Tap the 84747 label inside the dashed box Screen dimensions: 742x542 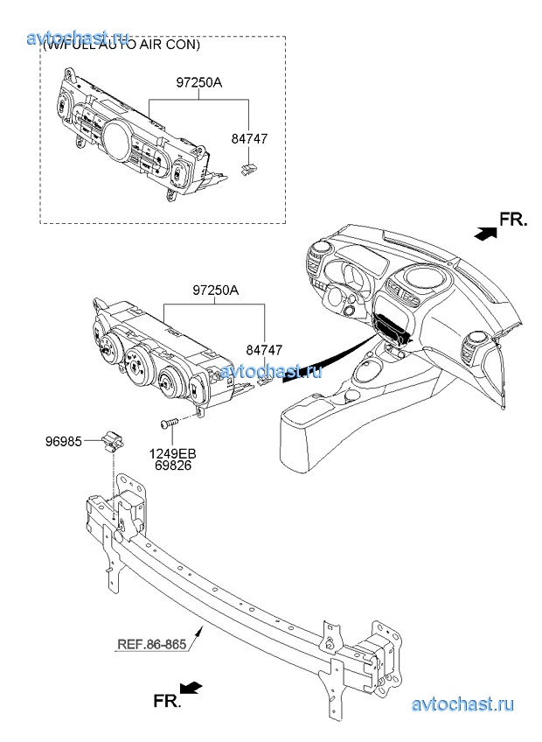(x=250, y=139)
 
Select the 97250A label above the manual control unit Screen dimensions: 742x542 (x=214, y=290)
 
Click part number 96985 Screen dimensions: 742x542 (x=65, y=442)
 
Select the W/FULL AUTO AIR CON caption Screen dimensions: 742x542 (x=122, y=45)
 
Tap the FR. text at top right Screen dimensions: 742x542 (x=513, y=220)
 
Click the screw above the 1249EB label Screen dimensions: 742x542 (x=168, y=424)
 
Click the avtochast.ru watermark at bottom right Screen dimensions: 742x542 (x=462, y=704)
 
